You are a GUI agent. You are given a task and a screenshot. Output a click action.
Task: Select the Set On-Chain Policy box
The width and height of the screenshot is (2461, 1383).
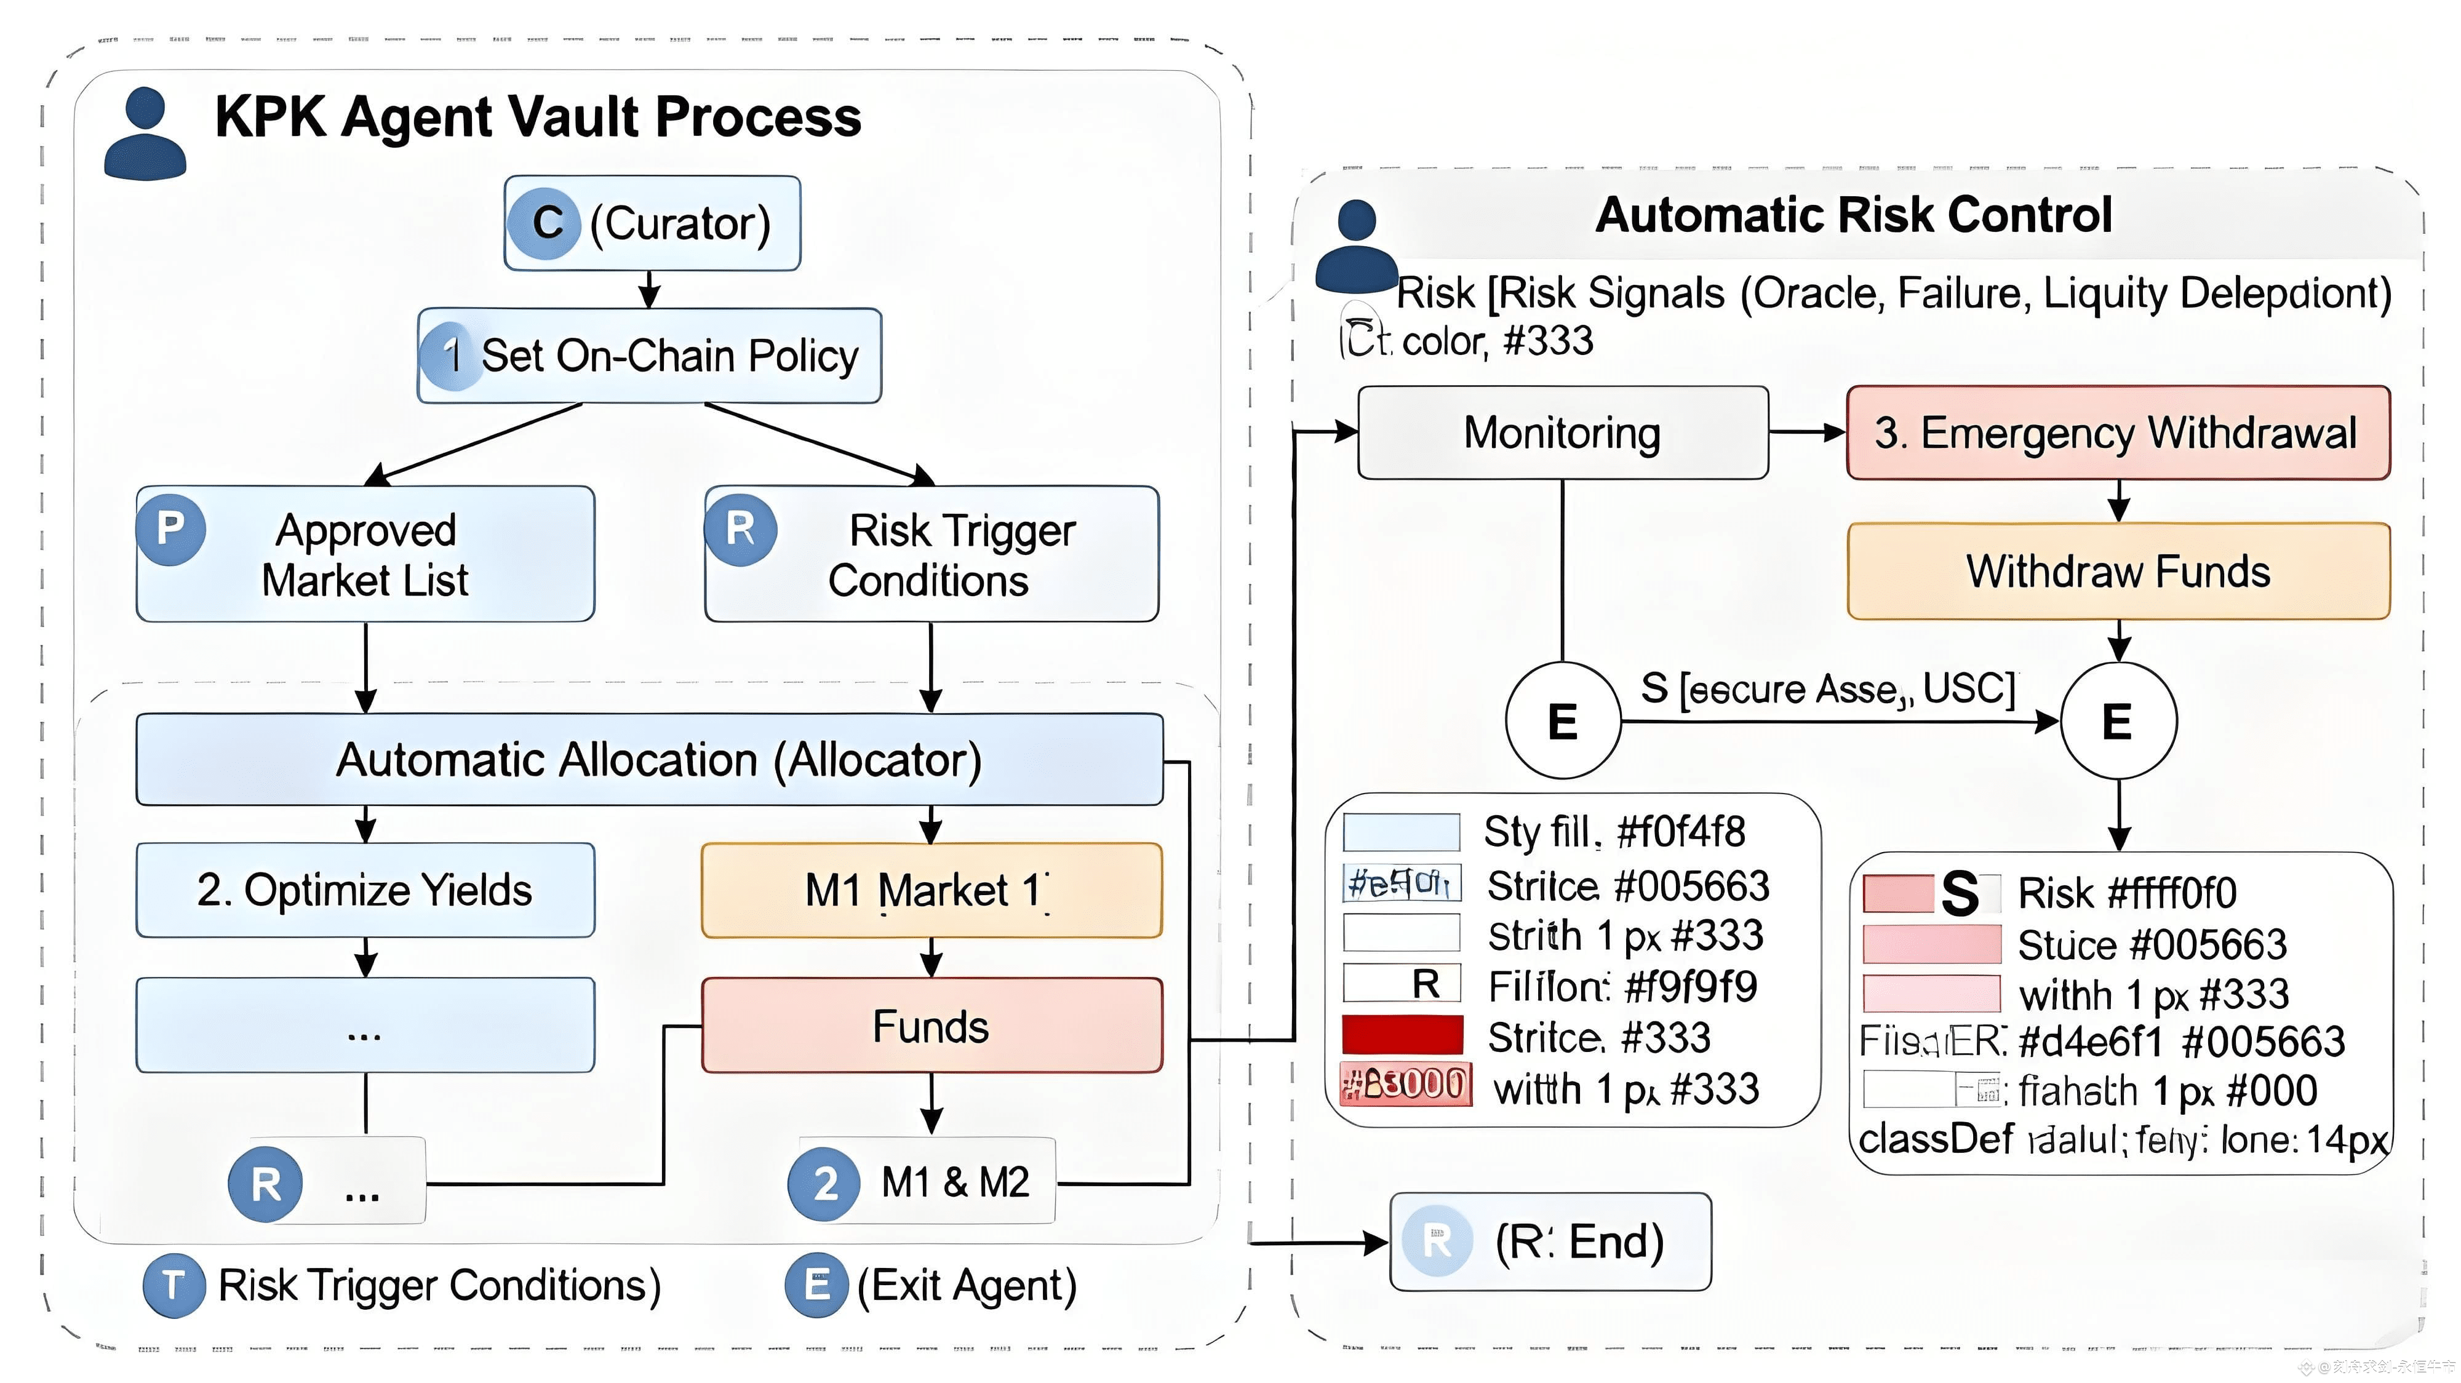pos(650,356)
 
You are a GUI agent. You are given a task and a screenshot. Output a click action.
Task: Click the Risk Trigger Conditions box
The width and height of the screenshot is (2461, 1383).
pos(931,554)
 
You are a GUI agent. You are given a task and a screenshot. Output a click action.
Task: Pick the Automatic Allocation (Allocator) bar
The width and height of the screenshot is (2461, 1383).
pos(650,759)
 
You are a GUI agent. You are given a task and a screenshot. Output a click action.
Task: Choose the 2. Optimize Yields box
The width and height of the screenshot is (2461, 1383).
pos(365,890)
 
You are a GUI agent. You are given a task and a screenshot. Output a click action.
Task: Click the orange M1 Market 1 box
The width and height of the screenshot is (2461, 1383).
pos(931,890)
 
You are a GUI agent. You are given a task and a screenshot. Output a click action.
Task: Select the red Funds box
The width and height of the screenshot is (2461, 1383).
pos(931,1026)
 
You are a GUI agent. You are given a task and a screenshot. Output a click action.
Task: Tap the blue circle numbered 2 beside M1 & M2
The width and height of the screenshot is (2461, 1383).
pos(824,1184)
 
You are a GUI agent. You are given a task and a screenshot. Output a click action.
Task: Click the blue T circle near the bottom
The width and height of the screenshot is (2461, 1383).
pos(173,1286)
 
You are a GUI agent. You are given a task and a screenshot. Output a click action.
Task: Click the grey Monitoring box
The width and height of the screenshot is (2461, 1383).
pos(1563,432)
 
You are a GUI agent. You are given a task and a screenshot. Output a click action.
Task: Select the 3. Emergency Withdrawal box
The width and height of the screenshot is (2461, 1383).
pos(2118,432)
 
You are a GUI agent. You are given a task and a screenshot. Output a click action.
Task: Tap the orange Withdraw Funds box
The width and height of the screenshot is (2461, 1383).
pos(2118,571)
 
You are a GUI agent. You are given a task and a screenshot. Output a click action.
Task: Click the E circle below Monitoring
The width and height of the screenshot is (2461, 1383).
pos(1563,721)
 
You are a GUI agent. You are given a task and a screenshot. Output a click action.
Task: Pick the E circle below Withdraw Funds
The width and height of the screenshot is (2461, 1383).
pos(2118,721)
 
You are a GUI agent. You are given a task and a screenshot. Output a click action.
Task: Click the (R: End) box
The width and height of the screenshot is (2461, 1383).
pos(1550,1242)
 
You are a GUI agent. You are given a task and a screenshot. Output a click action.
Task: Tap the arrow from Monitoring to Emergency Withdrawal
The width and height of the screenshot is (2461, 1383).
pos(1806,432)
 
